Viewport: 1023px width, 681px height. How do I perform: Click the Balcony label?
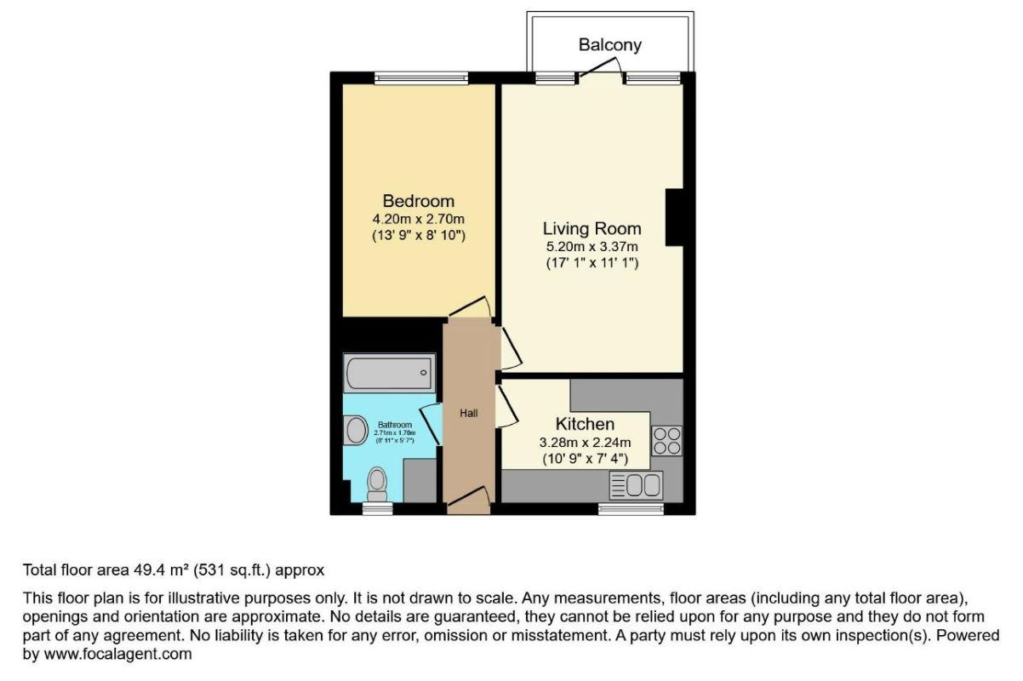point(609,44)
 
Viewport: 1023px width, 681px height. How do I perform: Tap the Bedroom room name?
point(418,202)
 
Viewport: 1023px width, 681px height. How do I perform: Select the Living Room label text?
point(592,229)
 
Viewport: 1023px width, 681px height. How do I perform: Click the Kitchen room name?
point(585,424)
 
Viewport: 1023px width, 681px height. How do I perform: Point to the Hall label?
point(469,413)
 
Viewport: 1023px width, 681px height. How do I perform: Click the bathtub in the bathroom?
point(389,372)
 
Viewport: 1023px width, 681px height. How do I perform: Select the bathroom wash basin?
point(354,431)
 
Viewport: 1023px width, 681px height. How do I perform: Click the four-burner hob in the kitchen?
point(666,440)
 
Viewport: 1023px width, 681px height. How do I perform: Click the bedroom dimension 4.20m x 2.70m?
point(418,219)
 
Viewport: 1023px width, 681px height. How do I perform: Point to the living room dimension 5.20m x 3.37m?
point(592,247)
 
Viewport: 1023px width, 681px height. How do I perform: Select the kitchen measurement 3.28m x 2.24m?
point(585,442)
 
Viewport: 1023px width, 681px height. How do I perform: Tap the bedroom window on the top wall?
point(421,78)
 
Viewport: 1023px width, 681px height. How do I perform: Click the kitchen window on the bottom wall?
point(631,508)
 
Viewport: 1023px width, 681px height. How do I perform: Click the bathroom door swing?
point(431,423)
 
